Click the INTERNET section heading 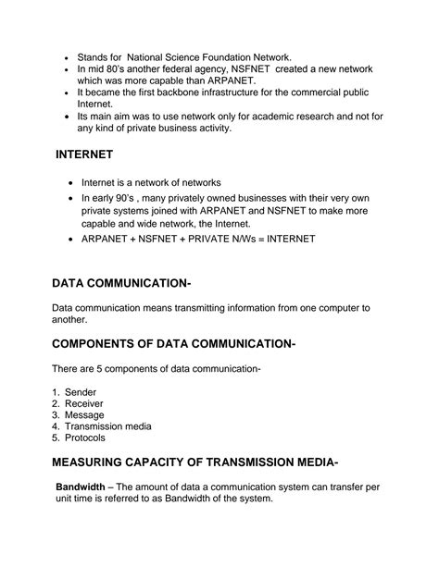[84, 154]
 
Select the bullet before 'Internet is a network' [70, 183]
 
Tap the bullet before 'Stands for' [65, 55]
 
